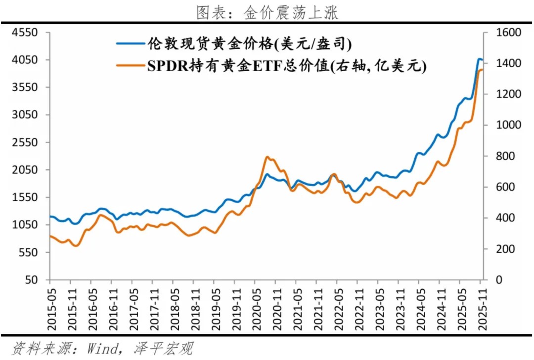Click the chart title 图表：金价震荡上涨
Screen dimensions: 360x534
[x=267, y=13]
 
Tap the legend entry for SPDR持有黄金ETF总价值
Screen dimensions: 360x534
[x=286, y=65]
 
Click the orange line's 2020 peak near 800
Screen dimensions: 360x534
[x=267, y=157]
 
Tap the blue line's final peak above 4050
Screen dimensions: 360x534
[x=479, y=59]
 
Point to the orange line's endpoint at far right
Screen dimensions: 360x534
[x=482, y=70]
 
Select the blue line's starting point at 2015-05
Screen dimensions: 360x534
[x=50, y=216]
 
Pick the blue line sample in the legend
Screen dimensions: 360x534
[x=130, y=44]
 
